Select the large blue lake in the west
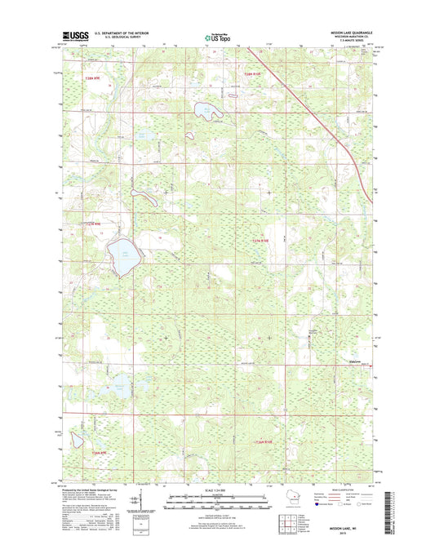point(121,254)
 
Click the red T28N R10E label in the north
point(255,75)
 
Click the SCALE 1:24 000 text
point(216,488)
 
